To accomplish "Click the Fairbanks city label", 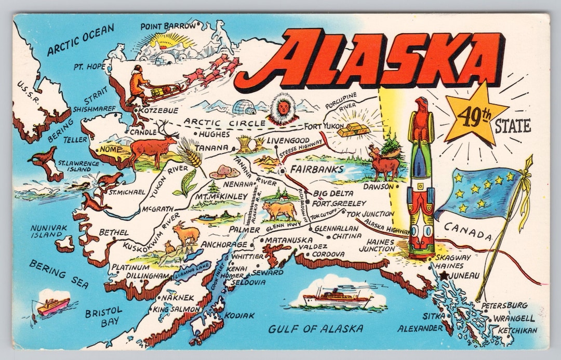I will point(316,169).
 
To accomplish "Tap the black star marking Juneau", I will point(443,276).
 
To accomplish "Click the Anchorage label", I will point(224,244).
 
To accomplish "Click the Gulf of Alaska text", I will point(315,329).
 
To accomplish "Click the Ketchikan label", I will point(514,330).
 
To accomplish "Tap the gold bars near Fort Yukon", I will point(353,129).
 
